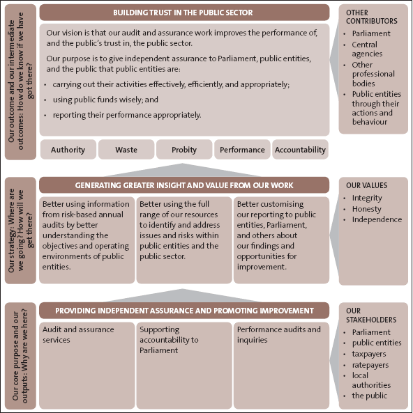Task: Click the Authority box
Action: [x=68, y=149]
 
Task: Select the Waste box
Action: [x=126, y=149]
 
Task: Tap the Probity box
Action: [x=184, y=149]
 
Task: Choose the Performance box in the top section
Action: [x=242, y=149]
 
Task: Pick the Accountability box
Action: [x=300, y=149]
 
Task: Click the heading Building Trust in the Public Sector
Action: [x=184, y=13]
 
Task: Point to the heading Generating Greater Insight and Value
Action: [x=184, y=185]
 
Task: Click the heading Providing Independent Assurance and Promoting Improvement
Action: [x=184, y=311]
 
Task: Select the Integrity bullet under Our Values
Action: [x=367, y=198]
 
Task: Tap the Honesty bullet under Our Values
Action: [x=366, y=209]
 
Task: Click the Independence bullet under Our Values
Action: [x=377, y=219]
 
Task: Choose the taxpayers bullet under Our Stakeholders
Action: [x=369, y=354]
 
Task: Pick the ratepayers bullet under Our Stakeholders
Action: [x=370, y=365]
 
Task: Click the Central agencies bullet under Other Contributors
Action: [x=367, y=49]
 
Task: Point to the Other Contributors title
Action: [x=372, y=17]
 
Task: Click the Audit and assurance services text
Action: [x=78, y=334]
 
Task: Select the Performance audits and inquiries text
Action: [x=278, y=334]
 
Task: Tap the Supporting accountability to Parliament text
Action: [x=169, y=340]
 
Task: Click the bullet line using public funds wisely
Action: [x=105, y=100]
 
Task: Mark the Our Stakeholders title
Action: [x=371, y=315]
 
